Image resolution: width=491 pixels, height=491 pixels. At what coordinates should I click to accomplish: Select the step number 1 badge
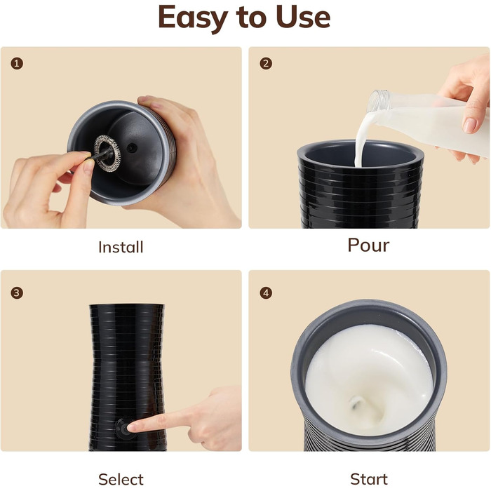coord(17,64)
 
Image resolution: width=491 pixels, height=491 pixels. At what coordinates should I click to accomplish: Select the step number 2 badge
coord(266,64)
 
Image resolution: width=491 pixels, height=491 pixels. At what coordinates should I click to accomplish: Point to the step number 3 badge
coord(17,293)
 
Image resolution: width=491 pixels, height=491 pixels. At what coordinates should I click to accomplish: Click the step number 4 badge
coord(266,293)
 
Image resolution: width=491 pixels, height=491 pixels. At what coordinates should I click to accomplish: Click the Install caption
coord(121,247)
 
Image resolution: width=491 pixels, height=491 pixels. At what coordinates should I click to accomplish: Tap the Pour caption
coord(368,245)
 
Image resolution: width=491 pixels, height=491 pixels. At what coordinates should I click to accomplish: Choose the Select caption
coord(121,479)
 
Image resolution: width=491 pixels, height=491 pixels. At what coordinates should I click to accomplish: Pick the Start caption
coord(369,479)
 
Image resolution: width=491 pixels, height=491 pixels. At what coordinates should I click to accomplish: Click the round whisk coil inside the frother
coord(108,154)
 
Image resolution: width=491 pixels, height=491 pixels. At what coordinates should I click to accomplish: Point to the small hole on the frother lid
coord(132,148)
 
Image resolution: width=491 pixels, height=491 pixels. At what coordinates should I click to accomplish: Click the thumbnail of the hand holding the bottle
coord(470,126)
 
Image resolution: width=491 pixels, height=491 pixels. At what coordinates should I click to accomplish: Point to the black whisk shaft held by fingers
coord(101,154)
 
